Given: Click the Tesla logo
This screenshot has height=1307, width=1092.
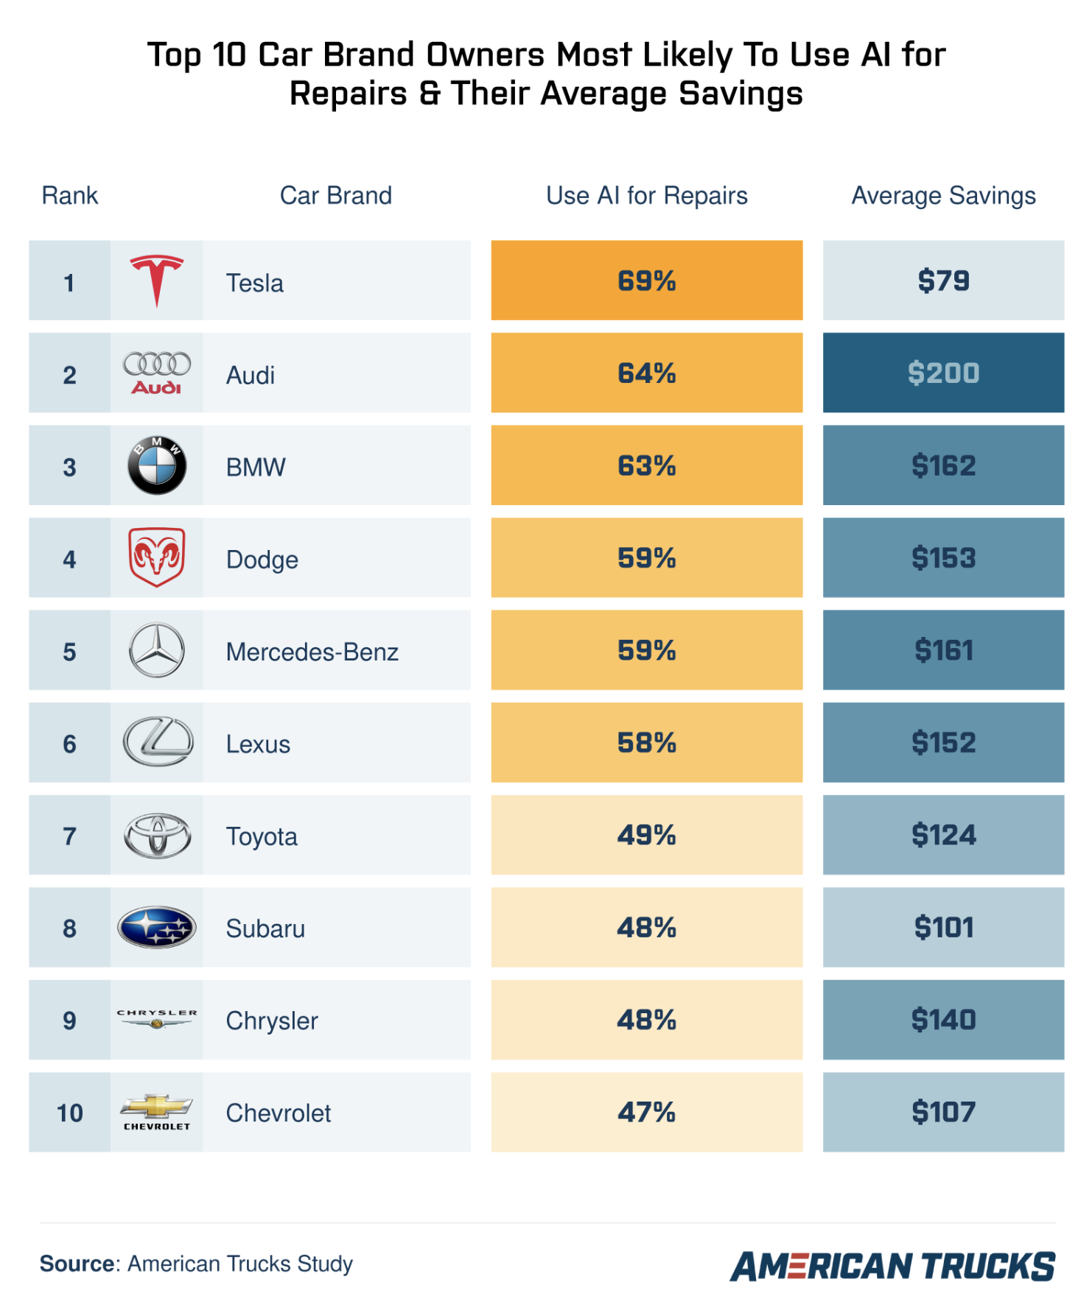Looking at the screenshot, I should tap(156, 281).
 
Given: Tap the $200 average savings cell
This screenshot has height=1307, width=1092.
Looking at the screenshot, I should tap(942, 373).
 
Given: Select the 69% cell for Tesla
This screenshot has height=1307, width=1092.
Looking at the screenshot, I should tap(646, 281).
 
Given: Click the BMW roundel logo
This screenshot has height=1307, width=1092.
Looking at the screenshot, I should tap(156, 465).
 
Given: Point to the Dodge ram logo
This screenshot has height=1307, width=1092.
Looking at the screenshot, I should tap(156, 557).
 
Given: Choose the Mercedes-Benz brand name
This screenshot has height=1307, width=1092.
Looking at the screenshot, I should tap(312, 652).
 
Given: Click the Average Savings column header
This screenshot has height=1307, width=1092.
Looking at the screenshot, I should tap(942, 196).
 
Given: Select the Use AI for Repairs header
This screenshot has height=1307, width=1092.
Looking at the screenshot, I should tap(646, 196).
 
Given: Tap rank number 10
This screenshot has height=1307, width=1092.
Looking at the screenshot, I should tap(69, 1113).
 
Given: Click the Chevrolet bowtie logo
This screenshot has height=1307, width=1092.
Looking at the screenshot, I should tap(156, 1107).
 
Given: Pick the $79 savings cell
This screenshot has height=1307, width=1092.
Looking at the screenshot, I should tap(942, 281).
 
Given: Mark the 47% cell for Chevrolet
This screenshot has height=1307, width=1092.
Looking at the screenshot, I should tap(646, 1112).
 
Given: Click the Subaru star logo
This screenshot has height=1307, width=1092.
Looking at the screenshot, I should tap(156, 927).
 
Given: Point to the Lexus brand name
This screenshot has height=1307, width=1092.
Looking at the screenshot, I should tap(258, 744).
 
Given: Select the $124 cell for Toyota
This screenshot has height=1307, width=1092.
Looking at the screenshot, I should tap(942, 835).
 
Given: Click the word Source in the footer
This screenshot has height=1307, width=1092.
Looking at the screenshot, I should tap(77, 1264).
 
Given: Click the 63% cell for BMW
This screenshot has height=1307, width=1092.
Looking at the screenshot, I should tap(646, 465).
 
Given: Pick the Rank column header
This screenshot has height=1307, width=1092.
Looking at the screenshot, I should tap(69, 196).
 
